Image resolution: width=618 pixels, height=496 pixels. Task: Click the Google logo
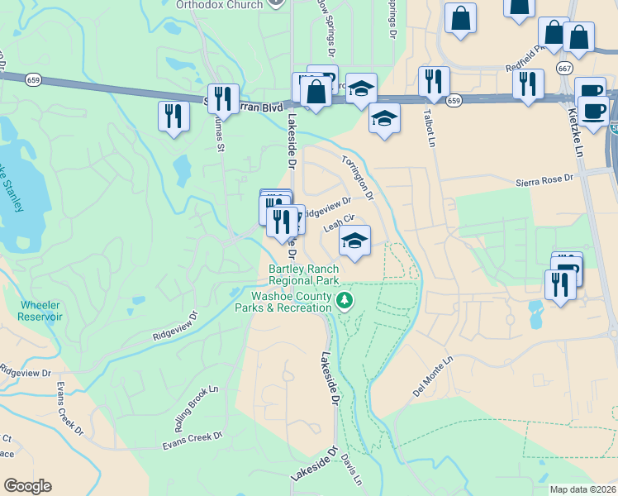(27, 486)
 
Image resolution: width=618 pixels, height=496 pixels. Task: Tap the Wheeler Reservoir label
(40, 310)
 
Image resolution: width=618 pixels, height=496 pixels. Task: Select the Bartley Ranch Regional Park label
(304, 274)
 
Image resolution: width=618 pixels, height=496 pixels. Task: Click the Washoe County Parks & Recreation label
(292, 301)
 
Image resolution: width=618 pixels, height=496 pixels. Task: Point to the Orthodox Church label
(219, 4)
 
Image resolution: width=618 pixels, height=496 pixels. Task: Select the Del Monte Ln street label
(433, 376)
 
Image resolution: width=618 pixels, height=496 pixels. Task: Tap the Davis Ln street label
(350, 469)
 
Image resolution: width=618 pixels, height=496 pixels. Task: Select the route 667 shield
(565, 68)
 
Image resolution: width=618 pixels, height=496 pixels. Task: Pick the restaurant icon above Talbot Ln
(434, 82)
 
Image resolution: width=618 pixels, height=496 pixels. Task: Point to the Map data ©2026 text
(583, 489)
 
